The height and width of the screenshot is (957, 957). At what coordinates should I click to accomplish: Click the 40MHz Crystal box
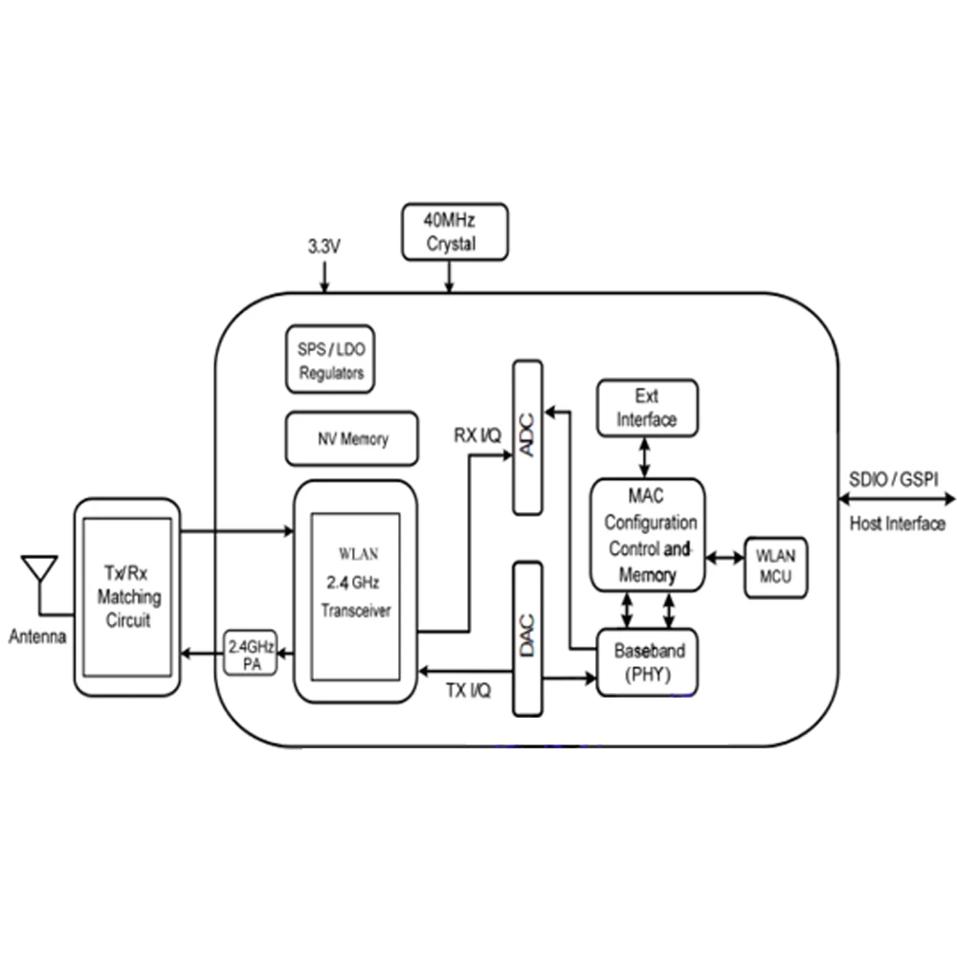pos(455,232)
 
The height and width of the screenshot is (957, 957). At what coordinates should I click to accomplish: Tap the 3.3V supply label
pos(324,247)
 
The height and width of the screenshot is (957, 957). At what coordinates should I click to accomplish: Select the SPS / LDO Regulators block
pos(330,359)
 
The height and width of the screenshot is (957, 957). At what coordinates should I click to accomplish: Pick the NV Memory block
pos(352,438)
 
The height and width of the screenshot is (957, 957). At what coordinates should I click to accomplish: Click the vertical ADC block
pos(527,437)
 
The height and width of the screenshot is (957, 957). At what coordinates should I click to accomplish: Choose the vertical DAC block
pos(527,638)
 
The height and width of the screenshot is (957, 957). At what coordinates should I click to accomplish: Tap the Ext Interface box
pos(647,408)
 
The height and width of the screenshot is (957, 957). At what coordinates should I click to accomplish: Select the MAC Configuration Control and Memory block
pos(648,535)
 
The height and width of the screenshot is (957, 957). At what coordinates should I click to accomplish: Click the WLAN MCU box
pos(776,567)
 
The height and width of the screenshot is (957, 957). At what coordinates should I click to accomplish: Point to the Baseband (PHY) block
pos(647,662)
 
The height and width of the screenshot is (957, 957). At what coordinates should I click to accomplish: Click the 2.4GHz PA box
pos(251,653)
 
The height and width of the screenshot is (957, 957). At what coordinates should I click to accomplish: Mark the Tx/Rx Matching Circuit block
pos(127,597)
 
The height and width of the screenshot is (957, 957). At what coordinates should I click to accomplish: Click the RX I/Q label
pos(478,435)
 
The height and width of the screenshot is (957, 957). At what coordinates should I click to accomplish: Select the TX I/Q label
pos(468,690)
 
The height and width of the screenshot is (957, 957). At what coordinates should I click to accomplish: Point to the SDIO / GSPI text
pos(894,479)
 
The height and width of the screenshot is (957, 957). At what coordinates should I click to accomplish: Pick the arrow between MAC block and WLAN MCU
pos(725,557)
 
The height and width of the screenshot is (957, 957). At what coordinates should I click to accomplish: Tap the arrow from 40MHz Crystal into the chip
pos(449,278)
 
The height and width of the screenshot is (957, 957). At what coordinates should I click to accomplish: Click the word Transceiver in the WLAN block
pos(356,611)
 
